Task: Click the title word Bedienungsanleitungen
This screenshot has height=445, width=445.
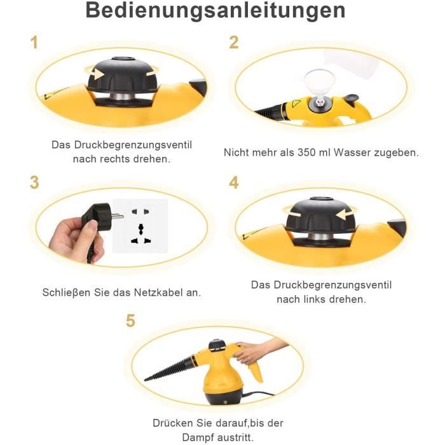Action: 216,11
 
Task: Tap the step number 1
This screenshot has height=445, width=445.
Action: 34,43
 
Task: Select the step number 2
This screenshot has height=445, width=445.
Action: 234,43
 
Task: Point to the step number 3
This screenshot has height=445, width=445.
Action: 34,182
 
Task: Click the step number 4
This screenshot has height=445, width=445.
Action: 234,182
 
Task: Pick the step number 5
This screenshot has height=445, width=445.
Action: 130,320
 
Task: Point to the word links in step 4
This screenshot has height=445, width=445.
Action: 315,299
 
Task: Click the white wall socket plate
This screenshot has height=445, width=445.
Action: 140,226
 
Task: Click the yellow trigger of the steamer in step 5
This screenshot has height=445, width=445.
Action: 256,371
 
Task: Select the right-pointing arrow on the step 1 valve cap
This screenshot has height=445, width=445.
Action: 98,74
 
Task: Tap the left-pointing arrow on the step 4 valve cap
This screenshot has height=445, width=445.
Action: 343,214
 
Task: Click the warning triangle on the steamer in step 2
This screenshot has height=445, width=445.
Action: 296,104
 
